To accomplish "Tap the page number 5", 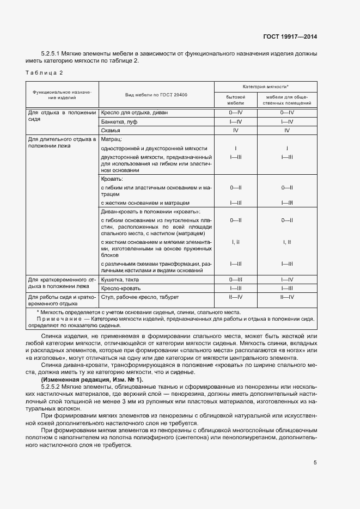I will (315, 463).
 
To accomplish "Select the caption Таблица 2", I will (44, 73).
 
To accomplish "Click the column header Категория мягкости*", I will (266, 87).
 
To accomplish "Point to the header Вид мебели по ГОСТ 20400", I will (156, 95).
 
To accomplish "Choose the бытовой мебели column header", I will (236, 99).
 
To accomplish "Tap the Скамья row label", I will (111, 131).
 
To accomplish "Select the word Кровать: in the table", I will (112, 179).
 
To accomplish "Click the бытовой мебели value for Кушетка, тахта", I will (236, 279).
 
